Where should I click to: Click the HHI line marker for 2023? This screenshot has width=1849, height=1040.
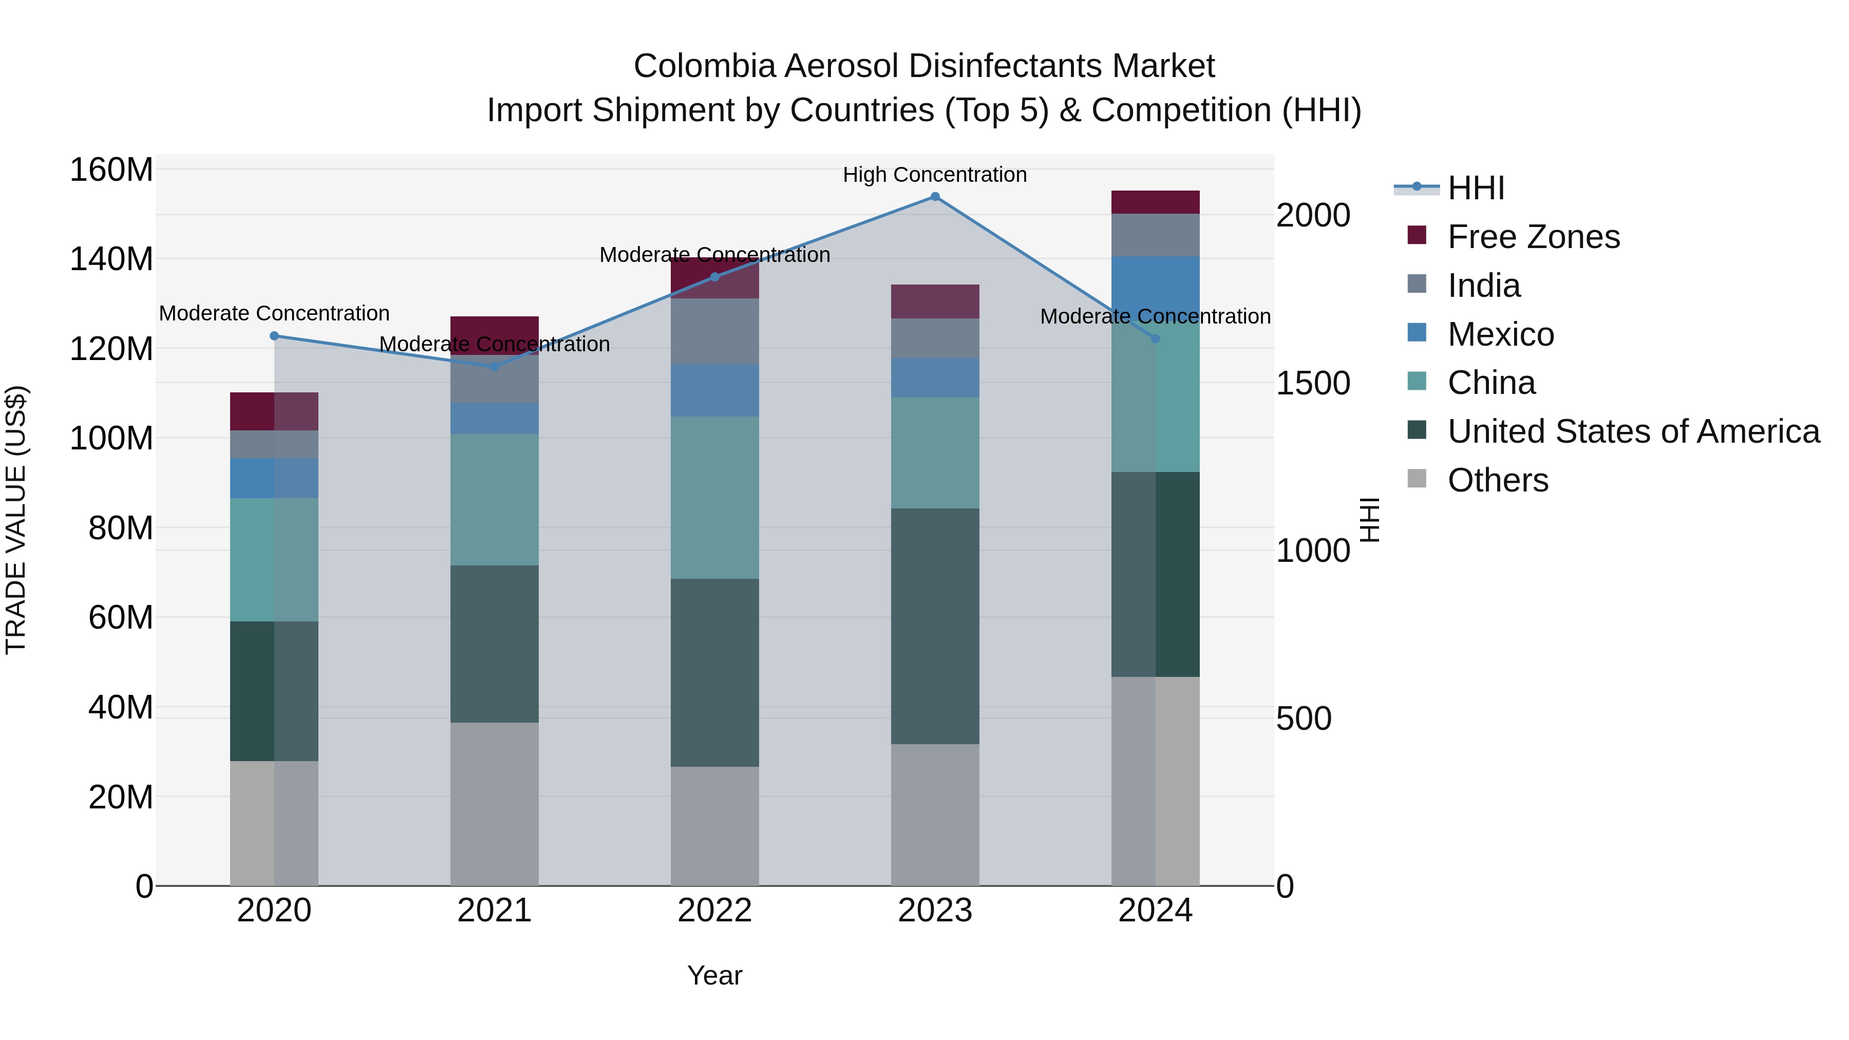[935, 197]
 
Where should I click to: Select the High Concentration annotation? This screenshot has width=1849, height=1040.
[935, 175]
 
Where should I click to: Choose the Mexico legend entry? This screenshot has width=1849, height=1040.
[1500, 334]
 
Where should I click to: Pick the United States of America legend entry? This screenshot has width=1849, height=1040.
[1633, 431]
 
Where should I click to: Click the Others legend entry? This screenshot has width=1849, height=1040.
[1497, 480]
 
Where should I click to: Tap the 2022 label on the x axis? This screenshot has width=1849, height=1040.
[714, 911]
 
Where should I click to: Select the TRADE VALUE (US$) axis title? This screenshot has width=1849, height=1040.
[16, 520]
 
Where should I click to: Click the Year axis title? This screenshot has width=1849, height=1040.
[714, 975]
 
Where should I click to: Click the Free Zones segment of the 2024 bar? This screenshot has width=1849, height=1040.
[1155, 202]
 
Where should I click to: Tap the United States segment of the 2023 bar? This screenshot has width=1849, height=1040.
[935, 626]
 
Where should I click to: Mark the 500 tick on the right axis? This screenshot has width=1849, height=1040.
[1304, 718]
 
